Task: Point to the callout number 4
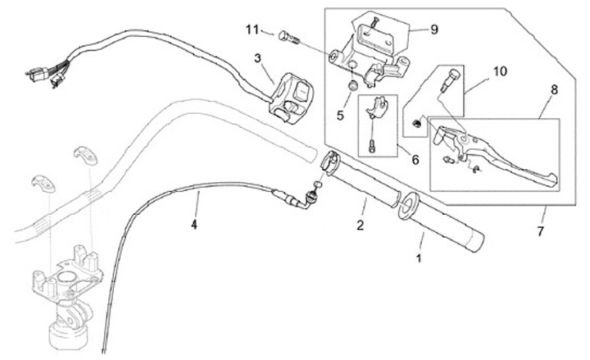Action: click(194, 223)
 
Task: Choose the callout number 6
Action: click(415, 160)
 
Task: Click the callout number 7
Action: click(540, 233)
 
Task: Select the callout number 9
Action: click(433, 29)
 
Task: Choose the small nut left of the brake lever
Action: click(417, 124)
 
